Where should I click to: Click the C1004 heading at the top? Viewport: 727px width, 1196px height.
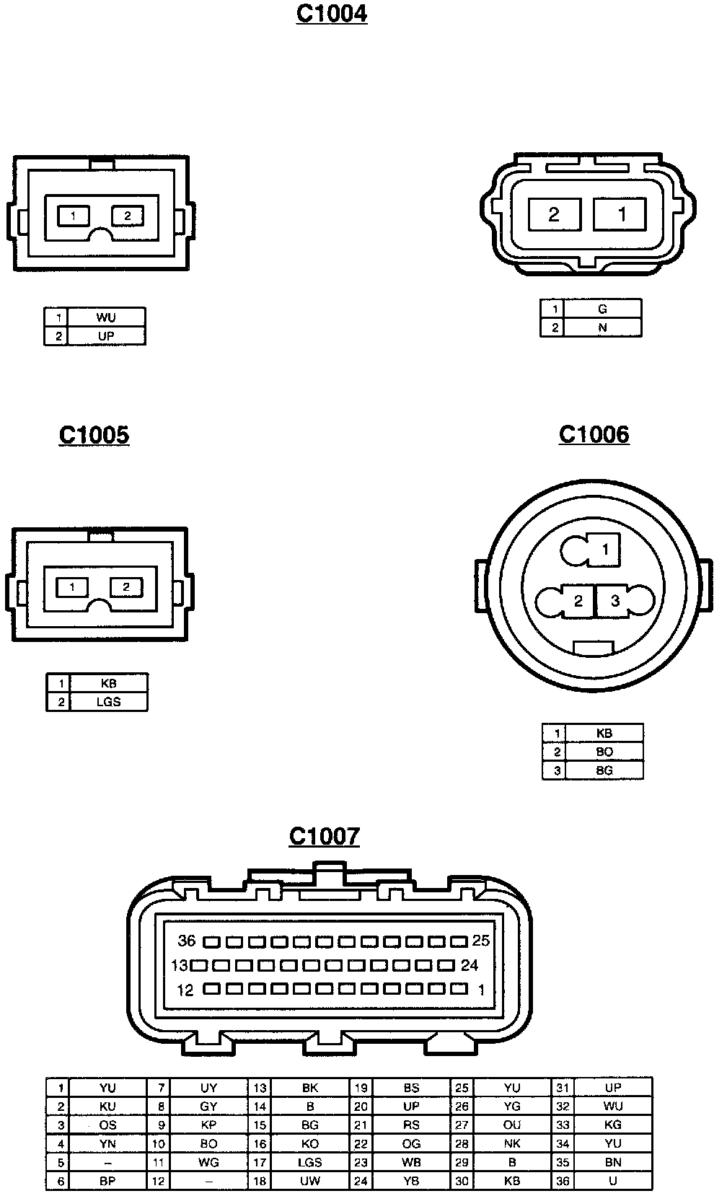(x=332, y=14)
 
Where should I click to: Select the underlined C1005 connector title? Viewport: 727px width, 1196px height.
(x=94, y=435)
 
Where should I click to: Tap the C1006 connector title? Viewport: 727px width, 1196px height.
(x=594, y=434)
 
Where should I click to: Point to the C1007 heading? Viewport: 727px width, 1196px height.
(x=324, y=836)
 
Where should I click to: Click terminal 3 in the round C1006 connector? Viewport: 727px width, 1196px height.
(x=615, y=600)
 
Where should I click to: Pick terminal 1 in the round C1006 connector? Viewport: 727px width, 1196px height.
(x=605, y=550)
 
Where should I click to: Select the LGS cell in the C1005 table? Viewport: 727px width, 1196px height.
(x=108, y=702)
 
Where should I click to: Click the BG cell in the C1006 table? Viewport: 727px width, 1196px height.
(x=604, y=770)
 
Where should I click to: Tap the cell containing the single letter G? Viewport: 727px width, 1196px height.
(x=602, y=309)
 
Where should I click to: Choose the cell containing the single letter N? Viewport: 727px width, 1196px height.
(x=602, y=327)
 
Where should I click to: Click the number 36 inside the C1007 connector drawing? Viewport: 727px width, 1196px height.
(x=187, y=941)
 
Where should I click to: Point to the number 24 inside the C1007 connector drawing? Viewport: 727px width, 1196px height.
(x=470, y=965)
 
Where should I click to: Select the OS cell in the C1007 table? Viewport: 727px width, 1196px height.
(x=107, y=1125)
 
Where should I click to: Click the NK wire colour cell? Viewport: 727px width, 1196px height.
(x=512, y=1144)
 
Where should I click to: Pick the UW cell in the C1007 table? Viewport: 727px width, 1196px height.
(x=310, y=1182)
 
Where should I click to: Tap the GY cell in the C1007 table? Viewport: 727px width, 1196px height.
(x=208, y=1107)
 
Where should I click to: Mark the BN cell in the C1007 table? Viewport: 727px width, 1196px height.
(x=613, y=1163)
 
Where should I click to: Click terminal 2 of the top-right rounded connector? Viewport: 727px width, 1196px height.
(x=554, y=214)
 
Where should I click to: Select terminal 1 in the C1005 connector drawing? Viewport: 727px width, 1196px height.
(x=73, y=587)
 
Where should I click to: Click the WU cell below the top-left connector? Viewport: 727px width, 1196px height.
(x=105, y=317)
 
